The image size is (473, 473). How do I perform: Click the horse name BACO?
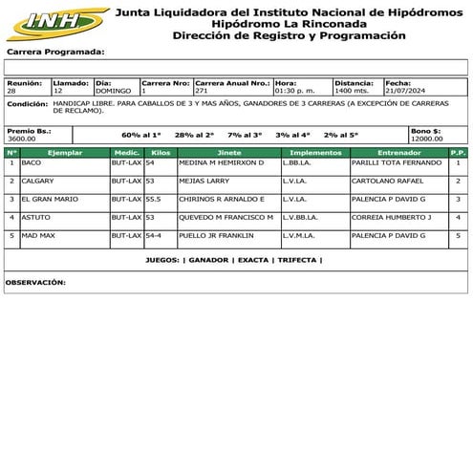pos(32,163)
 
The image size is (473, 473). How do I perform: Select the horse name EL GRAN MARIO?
pos(51,199)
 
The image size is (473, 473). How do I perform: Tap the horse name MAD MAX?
pos(38,235)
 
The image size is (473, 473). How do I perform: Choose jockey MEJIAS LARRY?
pos(204,181)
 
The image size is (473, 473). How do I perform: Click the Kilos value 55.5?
pos(153,199)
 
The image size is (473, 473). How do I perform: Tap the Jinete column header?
pos(229,152)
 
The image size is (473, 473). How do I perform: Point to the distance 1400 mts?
pos(353,91)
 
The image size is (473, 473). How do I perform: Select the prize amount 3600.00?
pos(22,138)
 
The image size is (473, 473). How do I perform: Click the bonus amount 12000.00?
pos(426,138)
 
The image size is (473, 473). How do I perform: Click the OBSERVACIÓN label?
pos(35,283)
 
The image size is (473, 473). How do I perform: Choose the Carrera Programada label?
pos(55,52)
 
